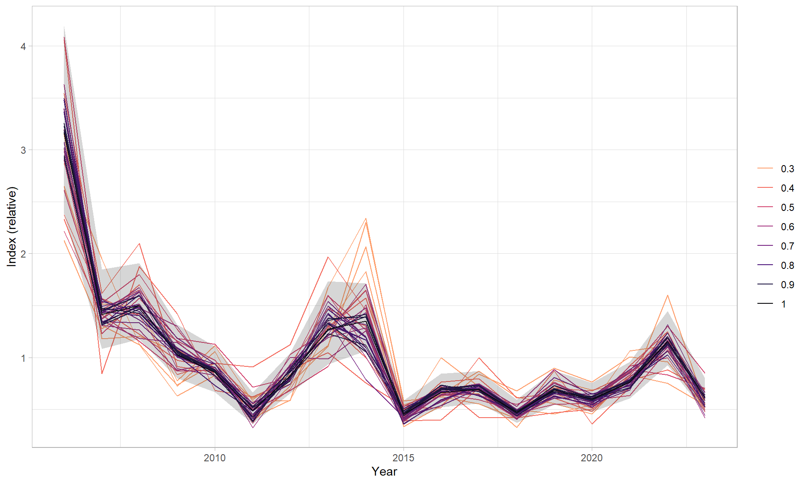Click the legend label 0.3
[x=787, y=169]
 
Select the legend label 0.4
[x=787, y=188]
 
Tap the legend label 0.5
[x=787, y=208]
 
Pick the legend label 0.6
[x=787, y=227]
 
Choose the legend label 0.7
[x=787, y=246]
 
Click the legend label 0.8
[x=787, y=266]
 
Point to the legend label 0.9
[x=787, y=285]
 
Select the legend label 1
[x=783, y=304]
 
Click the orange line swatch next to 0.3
[x=765, y=168]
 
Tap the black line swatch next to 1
[x=765, y=304]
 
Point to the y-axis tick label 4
[x=23, y=47]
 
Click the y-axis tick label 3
[x=23, y=150]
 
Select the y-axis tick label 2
[x=23, y=254]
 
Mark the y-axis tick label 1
[x=23, y=358]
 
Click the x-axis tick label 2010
[x=215, y=458]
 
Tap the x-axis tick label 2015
[x=403, y=458]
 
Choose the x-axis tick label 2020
[x=592, y=458]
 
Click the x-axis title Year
[x=384, y=471]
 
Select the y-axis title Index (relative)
[x=12, y=227]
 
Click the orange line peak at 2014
[x=366, y=218]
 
